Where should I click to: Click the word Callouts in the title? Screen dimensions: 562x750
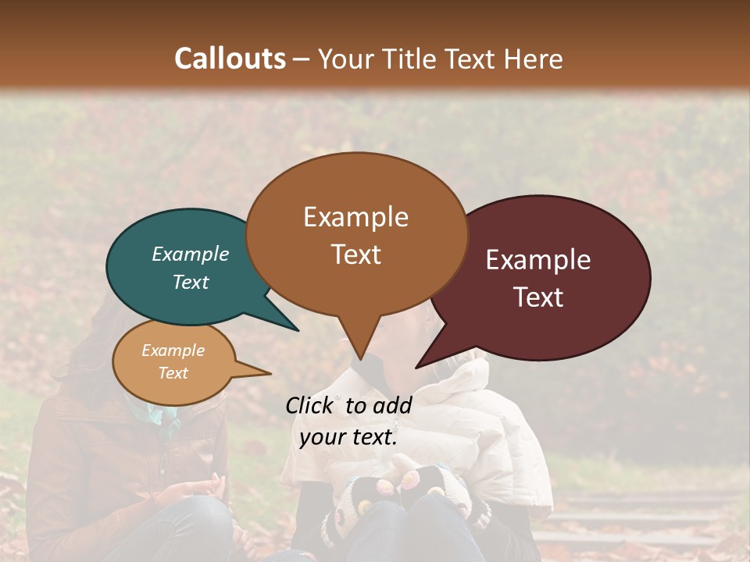tap(230, 59)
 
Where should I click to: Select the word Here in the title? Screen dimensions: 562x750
tap(533, 59)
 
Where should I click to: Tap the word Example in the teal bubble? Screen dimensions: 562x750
tap(191, 254)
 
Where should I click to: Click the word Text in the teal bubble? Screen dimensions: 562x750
tap(191, 282)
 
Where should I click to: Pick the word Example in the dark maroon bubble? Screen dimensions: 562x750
tap(538, 260)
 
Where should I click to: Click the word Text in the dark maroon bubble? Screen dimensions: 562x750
tap(538, 297)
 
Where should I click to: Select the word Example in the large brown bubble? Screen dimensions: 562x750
tap(355, 217)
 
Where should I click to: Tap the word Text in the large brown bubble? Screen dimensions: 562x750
tap(355, 254)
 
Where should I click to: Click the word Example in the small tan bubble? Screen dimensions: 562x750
tap(173, 350)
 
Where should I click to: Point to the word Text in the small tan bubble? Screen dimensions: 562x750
tap(173, 373)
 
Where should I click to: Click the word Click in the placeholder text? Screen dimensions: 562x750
tap(309, 405)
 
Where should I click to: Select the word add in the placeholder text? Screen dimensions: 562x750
tap(392, 405)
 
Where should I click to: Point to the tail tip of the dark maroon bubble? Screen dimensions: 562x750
tap(417, 367)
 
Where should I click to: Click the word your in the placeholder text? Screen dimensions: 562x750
tap(321, 438)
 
